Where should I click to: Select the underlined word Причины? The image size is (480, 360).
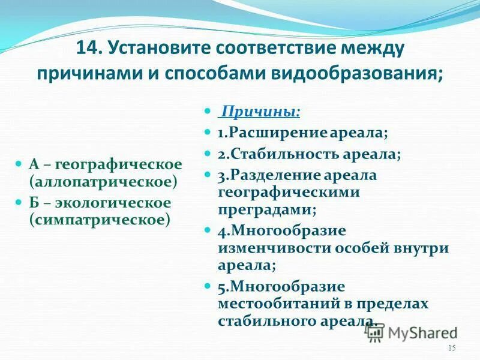(260, 112)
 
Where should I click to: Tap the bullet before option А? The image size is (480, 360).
(19, 164)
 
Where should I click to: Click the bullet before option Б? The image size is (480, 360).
(19, 203)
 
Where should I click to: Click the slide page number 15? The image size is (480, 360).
(452, 349)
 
